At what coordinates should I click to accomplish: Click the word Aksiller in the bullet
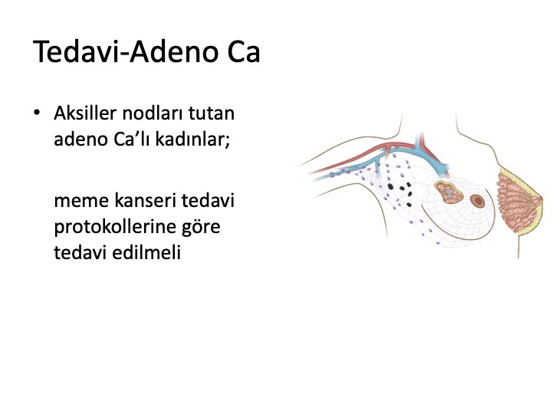click(85, 113)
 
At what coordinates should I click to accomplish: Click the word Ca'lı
click(132, 140)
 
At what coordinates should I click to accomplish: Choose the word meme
click(82, 201)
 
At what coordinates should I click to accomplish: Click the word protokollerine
click(115, 227)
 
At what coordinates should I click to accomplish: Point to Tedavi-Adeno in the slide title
click(126, 51)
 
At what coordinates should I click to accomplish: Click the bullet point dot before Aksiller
click(37, 113)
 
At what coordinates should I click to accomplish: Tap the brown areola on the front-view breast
click(478, 201)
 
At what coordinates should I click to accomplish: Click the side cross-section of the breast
click(518, 202)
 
